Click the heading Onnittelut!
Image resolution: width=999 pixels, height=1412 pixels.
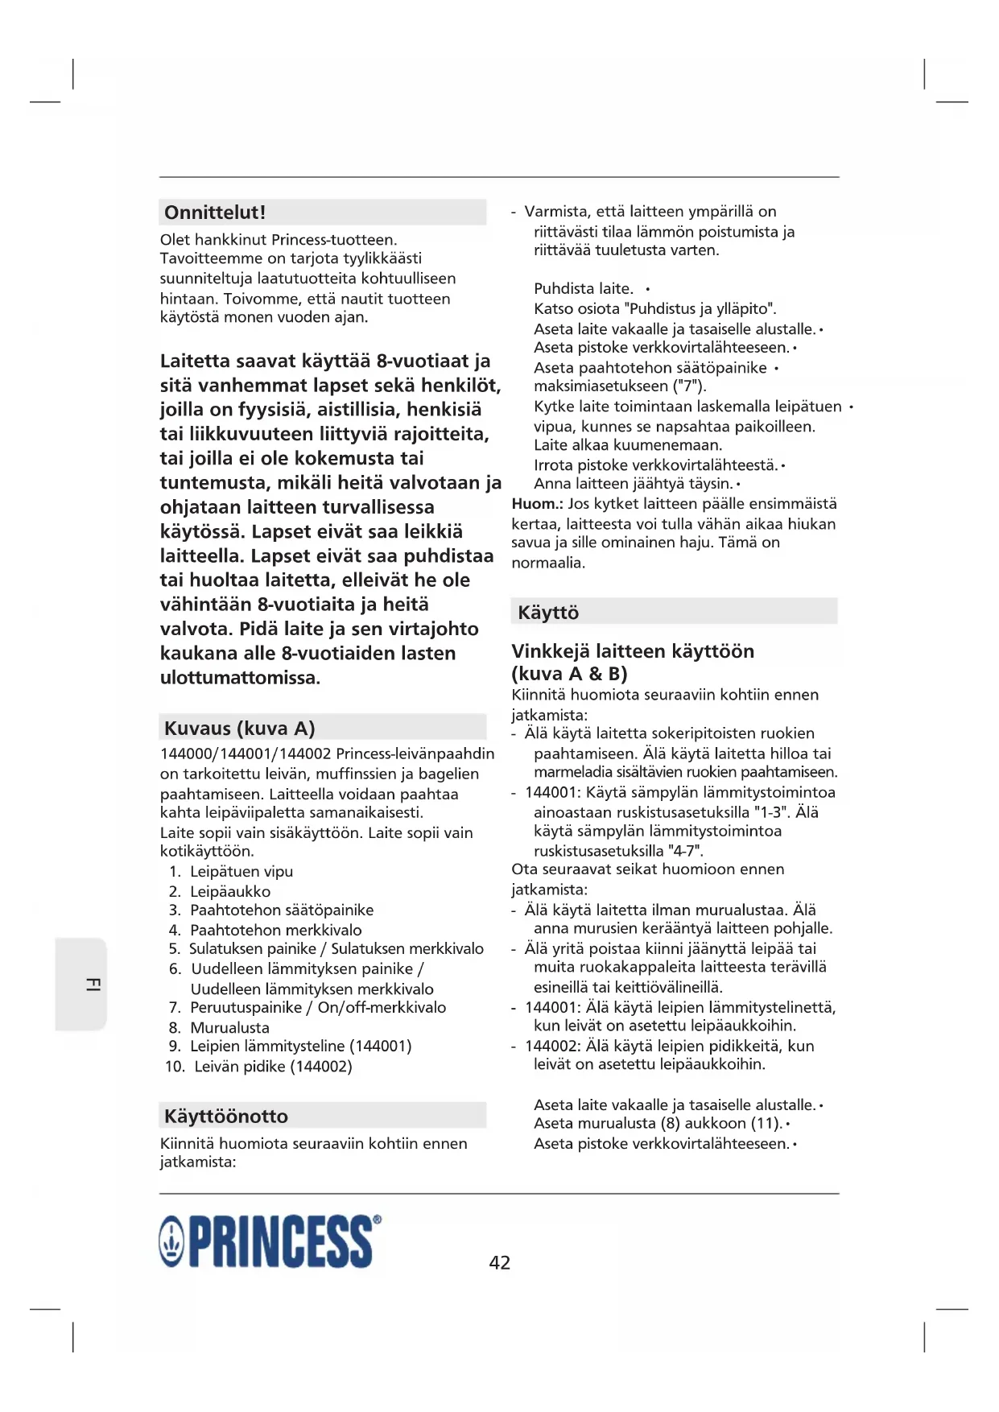click(x=215, y=213)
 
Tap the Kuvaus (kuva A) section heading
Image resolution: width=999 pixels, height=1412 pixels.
click(x=239, y=729)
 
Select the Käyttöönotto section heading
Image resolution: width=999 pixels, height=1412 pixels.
click(x=225, y=1117)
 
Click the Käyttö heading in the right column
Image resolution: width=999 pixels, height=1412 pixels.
click(x=548, y=613)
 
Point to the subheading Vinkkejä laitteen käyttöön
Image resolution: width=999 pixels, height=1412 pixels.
click(x=633, y=651)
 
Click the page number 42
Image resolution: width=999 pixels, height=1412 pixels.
click(x=500, y=1262)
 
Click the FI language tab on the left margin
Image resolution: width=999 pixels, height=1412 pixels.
click(x=93, y=984)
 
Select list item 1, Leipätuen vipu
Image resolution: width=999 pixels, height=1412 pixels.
click(x=241, y=871)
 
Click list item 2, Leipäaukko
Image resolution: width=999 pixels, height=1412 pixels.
click(x=230, y=891)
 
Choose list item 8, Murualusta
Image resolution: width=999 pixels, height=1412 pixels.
click(x=229, y=1027)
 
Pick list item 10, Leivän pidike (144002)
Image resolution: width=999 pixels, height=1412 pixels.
click(x=273, y=1066)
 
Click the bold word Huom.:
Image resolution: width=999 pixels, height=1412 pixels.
click(x=537, y=504)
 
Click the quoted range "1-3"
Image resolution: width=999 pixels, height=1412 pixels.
click(x=769, y=812)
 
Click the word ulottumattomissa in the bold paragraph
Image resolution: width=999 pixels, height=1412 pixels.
click(x=239, y=678)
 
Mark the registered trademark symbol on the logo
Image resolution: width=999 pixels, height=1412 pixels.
click(x=378, y=1220)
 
